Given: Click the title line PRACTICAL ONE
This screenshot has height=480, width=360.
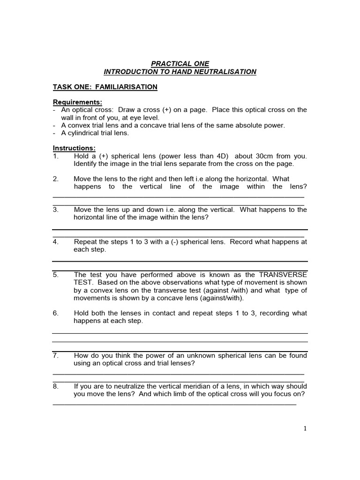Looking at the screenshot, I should pyautogui.click(x=180, y=63).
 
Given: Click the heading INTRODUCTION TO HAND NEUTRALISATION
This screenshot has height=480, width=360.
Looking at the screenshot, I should pyautogui.click(x=180, y=72).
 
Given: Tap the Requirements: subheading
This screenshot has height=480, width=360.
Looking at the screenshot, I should pyautogui.click(x=77, y=102).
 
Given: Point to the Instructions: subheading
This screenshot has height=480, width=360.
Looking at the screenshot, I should pyautogui.click(x=74, y=148).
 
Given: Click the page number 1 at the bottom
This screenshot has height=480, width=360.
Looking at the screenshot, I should pyautogui.click(x=305, y=428).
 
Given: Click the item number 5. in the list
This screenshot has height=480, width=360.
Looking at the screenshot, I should pyautogui.click(x=56, y=275).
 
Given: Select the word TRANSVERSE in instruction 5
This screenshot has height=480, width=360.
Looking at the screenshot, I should pyautogui.click(x=283, y=275).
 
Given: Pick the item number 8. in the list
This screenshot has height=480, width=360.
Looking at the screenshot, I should pyautogui.click(x=56, y=386).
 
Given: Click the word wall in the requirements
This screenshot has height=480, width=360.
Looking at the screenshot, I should pyautogui.click(x=67, y=118).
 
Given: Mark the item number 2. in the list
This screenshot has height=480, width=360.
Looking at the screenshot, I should pyautogui.click(x=56, y=179).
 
